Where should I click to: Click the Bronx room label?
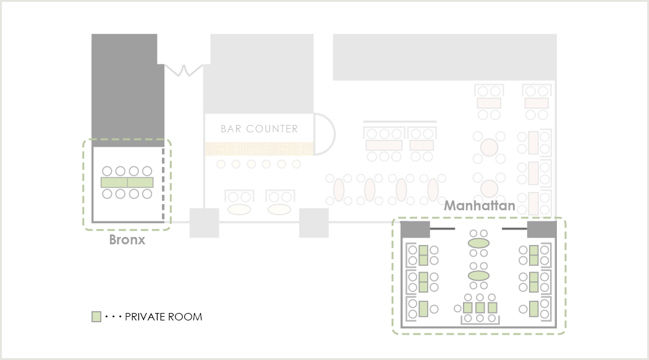point(127,240)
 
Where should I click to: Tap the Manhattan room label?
point(480,205)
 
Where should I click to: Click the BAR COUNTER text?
point(259,129)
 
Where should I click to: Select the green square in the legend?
point(96,317)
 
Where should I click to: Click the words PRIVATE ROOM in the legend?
point(164,317)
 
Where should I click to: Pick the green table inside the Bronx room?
point(127,182)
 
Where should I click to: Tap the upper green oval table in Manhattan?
point(478,243)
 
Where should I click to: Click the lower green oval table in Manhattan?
point(478,275)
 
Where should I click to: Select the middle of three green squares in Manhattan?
point(480,308)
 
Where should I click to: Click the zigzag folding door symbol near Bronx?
point(184,71)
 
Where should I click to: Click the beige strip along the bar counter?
point(259,148)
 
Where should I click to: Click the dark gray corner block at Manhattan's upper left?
point(415,229)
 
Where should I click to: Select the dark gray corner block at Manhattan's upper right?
point(541,229)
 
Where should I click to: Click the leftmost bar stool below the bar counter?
point(221,165)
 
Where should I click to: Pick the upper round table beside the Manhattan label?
point(490,147)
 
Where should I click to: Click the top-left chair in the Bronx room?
point(107,171)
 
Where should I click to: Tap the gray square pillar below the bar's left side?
point(205,223)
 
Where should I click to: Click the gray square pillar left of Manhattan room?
point(314,223)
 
